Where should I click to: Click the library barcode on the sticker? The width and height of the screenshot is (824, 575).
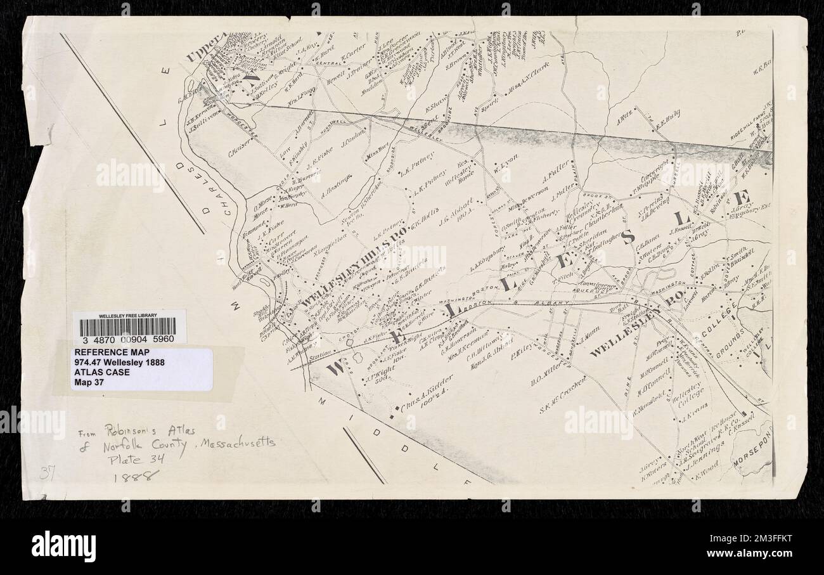[129, 327]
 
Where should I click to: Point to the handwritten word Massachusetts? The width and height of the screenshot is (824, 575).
[238, 444]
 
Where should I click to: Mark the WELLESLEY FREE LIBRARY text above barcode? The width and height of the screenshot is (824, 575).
[129, 315]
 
